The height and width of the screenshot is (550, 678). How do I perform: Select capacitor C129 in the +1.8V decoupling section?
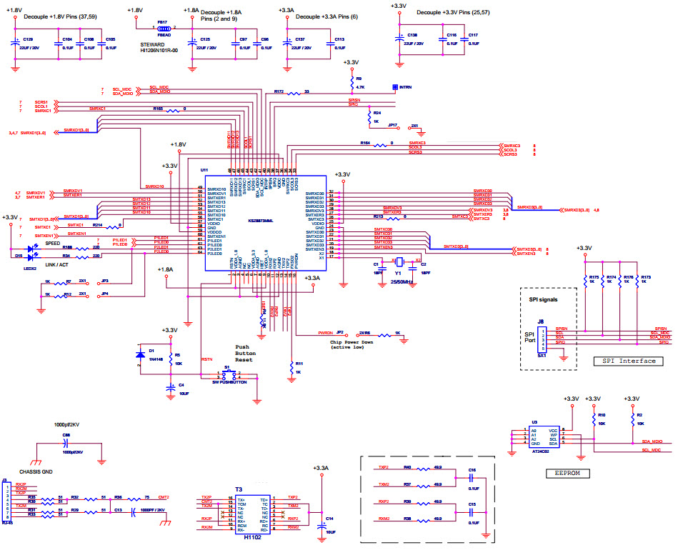(x=16, y=44)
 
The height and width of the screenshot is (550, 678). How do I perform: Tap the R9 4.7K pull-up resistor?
(x=351, y=84)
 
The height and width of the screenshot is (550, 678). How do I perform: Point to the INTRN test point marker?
(x=394, y=87)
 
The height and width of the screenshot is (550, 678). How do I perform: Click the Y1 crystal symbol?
(x=400, y=261)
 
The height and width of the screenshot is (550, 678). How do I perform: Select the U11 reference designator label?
(x=204, y=170)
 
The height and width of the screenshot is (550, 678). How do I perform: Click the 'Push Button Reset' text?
(x=245, y=354)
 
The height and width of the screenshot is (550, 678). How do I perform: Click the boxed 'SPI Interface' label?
(x=628, y=361)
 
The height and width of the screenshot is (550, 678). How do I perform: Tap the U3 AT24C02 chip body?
(x=539, y=436)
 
